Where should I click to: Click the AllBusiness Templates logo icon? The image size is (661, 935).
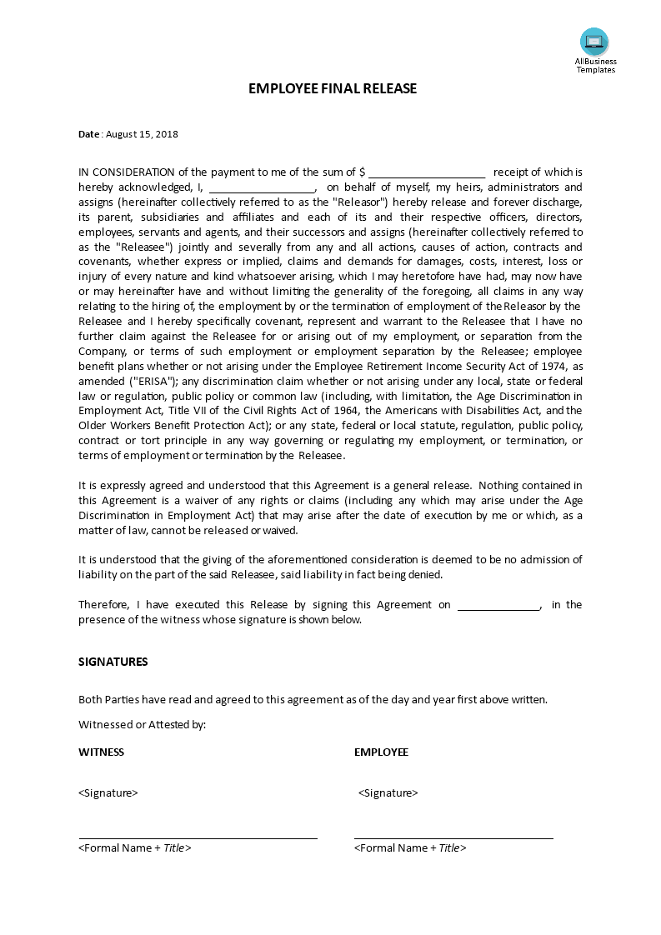pyautogui.click(x=594, y=41)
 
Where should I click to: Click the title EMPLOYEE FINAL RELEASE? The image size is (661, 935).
pyautogui.click(x=332, y=88)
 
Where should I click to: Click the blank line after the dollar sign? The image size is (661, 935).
pyautogui.click(x=427, y=172)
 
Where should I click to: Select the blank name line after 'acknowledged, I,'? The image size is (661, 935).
pyautogui.click(x=262, y=187)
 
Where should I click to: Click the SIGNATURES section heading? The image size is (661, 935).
pyautogui.click(x=113, y=662)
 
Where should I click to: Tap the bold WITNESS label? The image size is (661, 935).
pyautogui.click(x=101, y=752)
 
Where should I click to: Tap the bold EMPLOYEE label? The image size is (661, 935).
pyautogui.click(x=381, y=752)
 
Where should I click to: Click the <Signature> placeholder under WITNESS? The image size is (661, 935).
pyautogui.click(x=108, y=793)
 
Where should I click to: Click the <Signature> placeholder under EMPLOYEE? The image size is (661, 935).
pyautogui.click(x=388, y=793)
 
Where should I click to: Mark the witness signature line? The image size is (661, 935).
pyautogui.click(x=198, y=838)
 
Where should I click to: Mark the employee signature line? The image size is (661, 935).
pyautogui.click(x=453, y=838)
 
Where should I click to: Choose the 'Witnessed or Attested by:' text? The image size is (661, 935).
pyautogui.click(x=142, y=725)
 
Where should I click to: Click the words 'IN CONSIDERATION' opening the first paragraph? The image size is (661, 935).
pyautogui.click(x=127, y=172)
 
